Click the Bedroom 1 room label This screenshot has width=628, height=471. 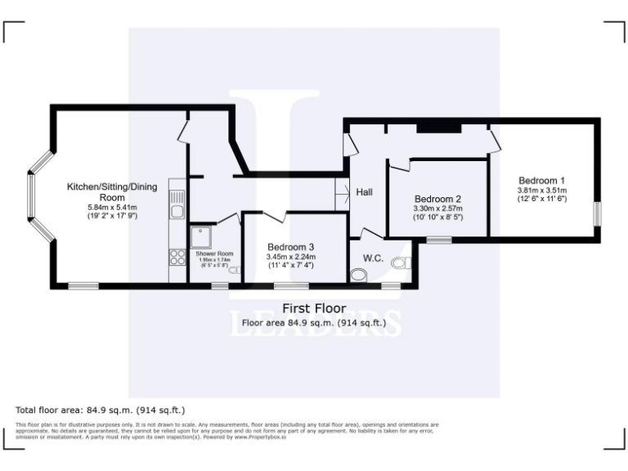point(541,180)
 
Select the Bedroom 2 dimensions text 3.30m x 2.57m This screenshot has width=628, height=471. point(438,209)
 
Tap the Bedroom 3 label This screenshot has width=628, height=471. point(290,247)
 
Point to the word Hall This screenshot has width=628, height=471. point(365,192)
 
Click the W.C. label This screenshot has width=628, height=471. point(374,258)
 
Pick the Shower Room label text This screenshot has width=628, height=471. point(214,254)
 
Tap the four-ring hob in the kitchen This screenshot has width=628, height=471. point(177,258)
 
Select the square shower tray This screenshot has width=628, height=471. point(201,237)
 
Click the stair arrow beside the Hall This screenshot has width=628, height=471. point(341,194)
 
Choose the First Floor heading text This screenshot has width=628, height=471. point(313,308)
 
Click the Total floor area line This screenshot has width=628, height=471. point(101,409)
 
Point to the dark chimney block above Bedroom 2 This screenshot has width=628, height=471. point(439,128)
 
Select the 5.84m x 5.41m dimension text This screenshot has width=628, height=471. point(112,208)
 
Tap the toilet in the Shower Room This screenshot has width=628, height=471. point(235,270)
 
